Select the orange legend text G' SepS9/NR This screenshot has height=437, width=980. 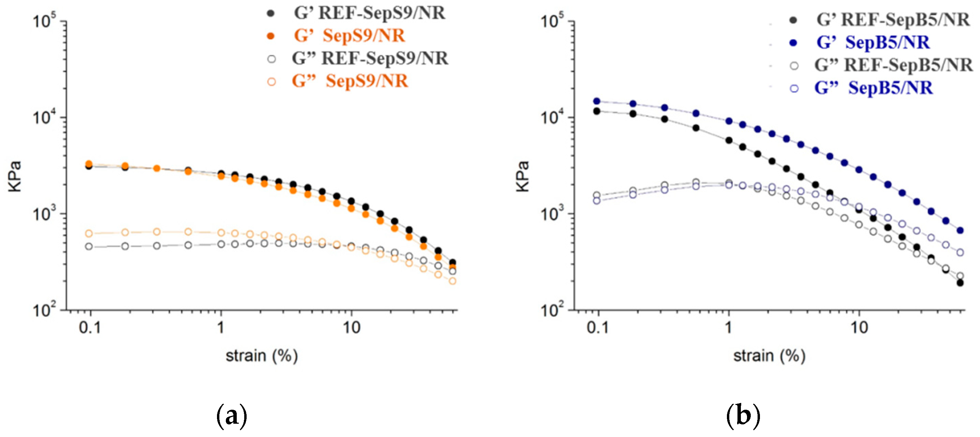[x=349, y=36]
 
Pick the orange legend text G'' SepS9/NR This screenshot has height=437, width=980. [x=349, y=81]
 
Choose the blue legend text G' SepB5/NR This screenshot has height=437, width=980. [x=873, y=42]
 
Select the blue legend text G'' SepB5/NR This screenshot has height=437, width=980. [x=873, y=88]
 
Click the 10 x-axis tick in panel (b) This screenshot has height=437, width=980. [x=859, y=327]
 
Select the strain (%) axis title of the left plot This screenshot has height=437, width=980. [x=262, y=356]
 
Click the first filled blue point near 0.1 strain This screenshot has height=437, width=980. [x=597, y=101]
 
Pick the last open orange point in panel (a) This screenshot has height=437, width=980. [x=453, y=281]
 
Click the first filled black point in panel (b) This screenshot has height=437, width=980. [x=597, y=111]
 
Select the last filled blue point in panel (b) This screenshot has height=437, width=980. [x=960, y=230]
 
